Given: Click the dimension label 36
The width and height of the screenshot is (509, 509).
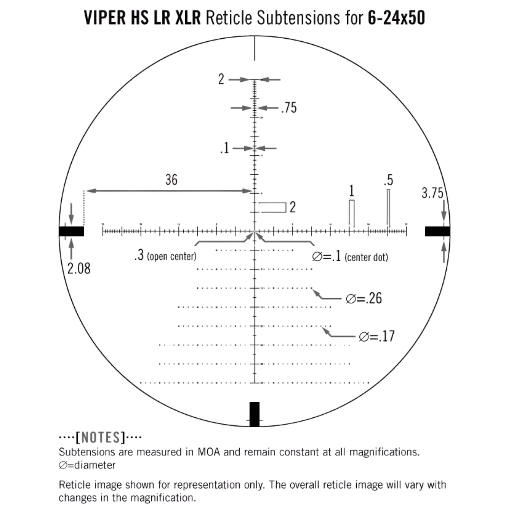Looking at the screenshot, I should pyautogui.click(x=172, y=180).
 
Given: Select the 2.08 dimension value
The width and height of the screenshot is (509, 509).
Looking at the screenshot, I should pyautogui.click(x=79, y=268).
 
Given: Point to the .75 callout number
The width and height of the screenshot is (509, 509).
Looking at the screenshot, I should pyautogui.click(x=289, y=108).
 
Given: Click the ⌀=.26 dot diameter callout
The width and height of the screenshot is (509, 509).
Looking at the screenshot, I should pyautogui.click(x=363, y=298).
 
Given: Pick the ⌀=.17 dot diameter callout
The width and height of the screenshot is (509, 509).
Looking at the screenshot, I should pyautogui.click(x=377, y=336).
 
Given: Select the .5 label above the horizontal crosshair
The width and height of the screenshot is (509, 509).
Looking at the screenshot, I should pyautogui.click(x=389, y=180).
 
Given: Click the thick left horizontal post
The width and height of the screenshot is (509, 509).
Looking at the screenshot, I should pyautogui.click(x=72, y=231).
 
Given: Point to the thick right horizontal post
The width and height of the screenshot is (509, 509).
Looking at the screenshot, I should pyautogui.click(x=437, y=231).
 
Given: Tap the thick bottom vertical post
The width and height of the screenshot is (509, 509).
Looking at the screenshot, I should pyautogui.click(x=254, y=412).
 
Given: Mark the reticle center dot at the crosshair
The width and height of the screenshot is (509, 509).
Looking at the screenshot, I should pyautogui.click(x=255, y=231).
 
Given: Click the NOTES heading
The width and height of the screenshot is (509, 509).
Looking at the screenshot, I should pyautogui.click(x=100, y=438).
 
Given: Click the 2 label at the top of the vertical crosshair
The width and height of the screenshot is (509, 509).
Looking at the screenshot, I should pyautogui.click(x=221, y=79).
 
